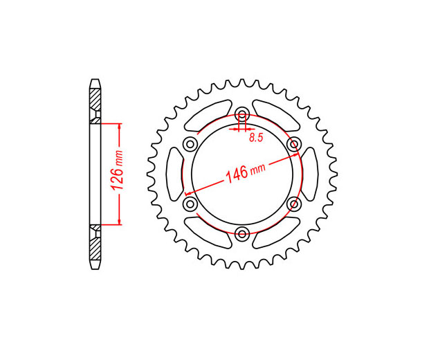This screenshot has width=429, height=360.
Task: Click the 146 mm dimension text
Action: click(x=245, y=172)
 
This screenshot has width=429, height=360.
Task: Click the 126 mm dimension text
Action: click(x=117, y=170)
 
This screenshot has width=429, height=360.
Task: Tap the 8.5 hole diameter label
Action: click(x=256, y=138)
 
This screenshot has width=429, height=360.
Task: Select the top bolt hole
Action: click(x=242, y=114)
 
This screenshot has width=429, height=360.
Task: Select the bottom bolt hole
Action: click(x=242, y=234)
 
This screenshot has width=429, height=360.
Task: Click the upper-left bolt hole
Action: click(x=190, y=144)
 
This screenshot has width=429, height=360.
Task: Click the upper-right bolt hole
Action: click(x=294, y=144)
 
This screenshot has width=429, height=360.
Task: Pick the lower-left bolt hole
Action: click(x=190, y=204)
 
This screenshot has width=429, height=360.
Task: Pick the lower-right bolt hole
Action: click(x=294, y=204)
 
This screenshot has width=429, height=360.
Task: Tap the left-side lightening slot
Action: click(x=174, y=174)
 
